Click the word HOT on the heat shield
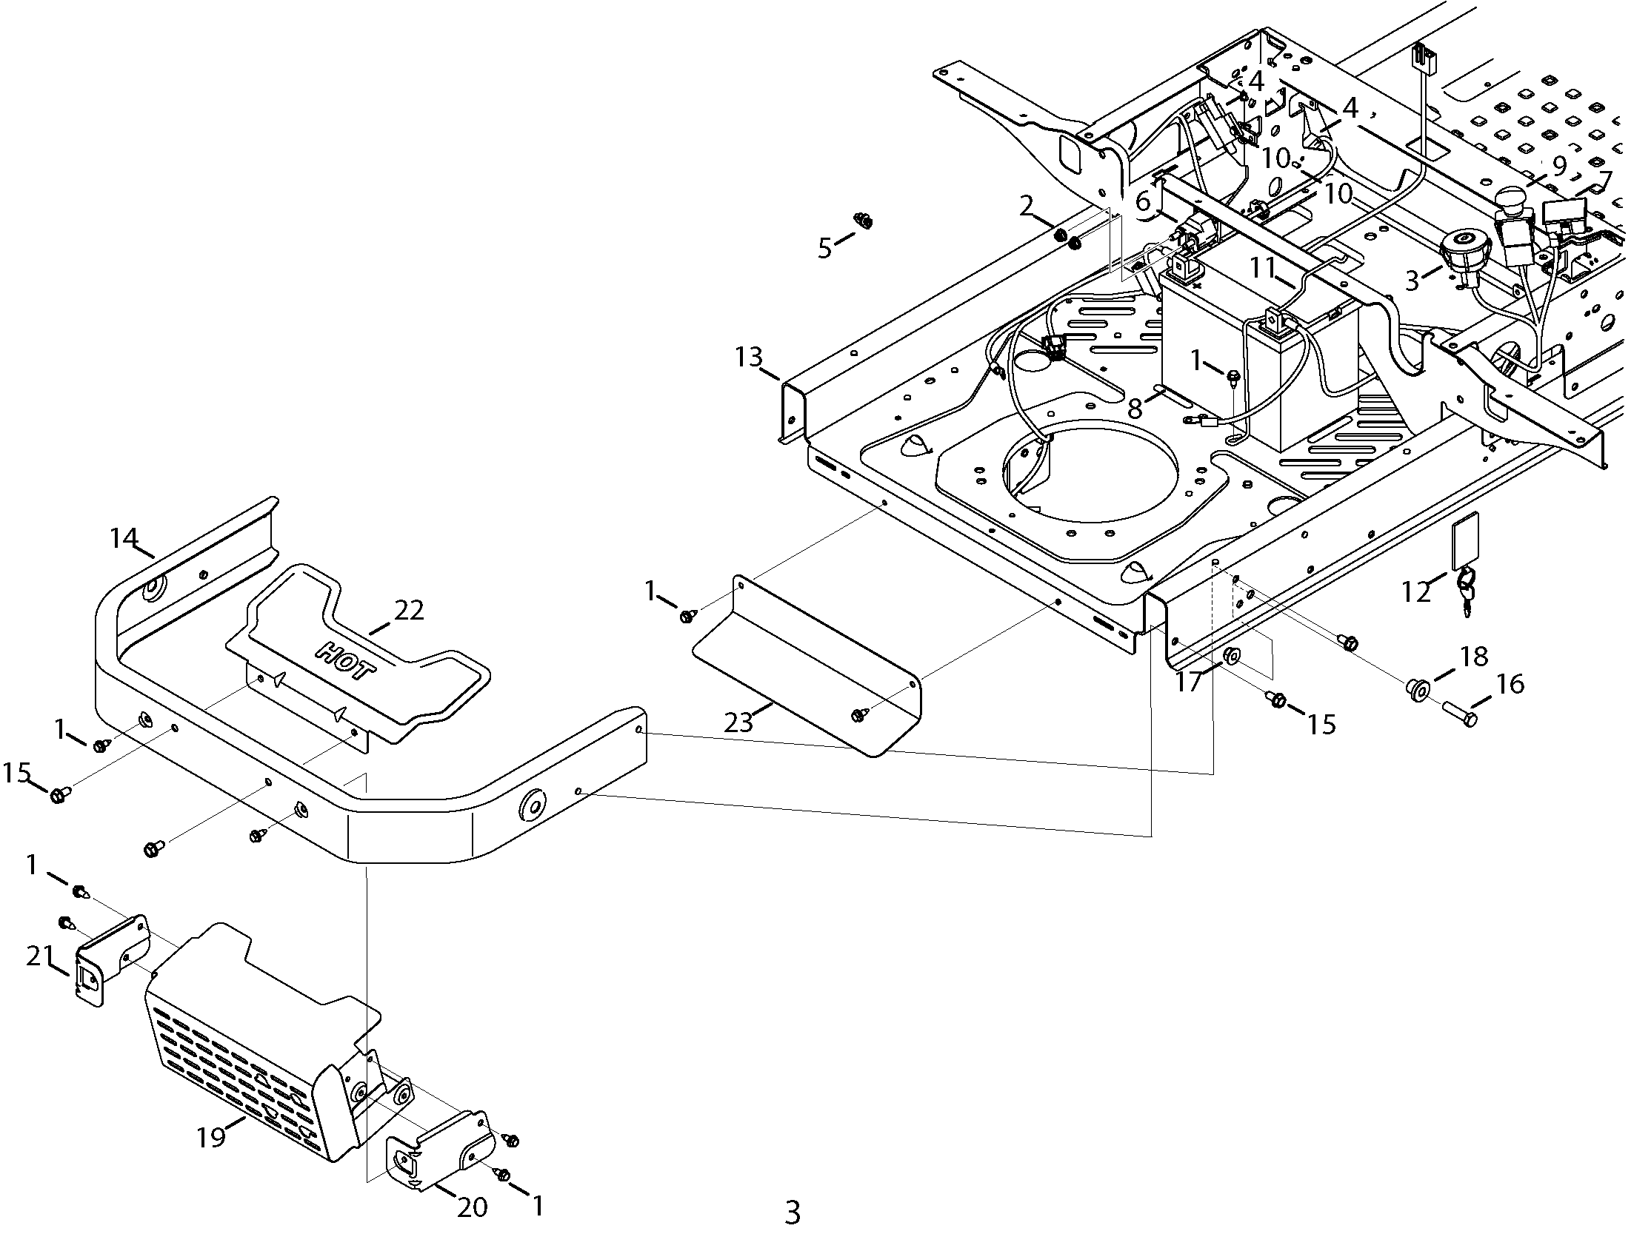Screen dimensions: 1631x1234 (x=345, y=660)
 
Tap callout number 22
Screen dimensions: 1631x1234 (x=409, y=610)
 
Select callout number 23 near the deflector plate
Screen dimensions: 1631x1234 (x=738, y=722)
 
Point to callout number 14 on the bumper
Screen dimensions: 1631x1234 (x=124, y=538)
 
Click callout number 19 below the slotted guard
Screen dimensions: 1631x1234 (x=211, y=1136)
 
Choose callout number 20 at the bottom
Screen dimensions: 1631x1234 (x=472, y=1208)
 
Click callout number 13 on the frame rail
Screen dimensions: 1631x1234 (x=749, y=358)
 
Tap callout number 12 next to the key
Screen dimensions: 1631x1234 (x=1415, y=592)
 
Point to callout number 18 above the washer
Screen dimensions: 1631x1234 (x=1474, y=656)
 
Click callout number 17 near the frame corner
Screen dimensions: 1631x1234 (x=1189, y=681)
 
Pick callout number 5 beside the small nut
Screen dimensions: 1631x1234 (x=824, y=249)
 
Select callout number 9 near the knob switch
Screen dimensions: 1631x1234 (x=1559, y=166)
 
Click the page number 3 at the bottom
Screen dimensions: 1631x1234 (x=793, y=1213)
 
